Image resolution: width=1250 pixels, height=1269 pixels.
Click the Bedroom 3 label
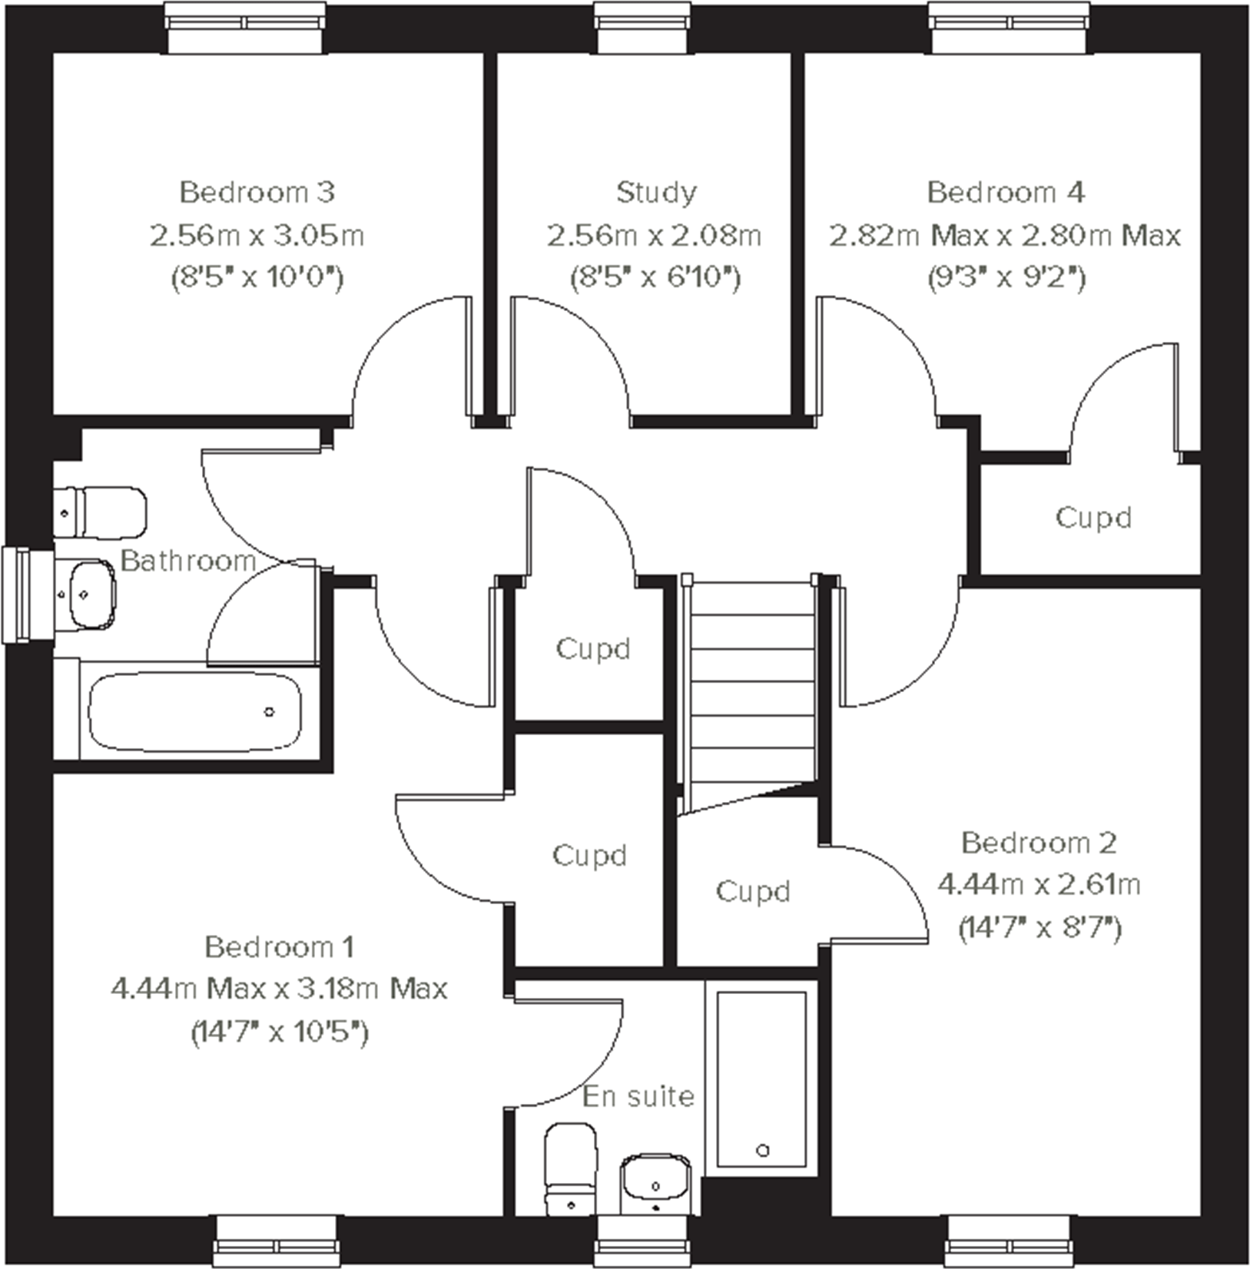257,192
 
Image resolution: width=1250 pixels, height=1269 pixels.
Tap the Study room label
655,192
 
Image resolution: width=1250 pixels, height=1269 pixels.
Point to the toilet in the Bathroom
101,512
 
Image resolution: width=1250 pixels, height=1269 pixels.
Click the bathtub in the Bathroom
194,712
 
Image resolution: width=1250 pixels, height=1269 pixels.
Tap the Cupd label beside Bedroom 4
1093,518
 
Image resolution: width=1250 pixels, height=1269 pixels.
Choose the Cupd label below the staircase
752,892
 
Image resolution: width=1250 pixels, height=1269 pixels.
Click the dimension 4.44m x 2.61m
1039,886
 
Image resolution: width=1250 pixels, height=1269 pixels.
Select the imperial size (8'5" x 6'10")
655,277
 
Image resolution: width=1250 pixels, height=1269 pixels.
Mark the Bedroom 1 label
279,947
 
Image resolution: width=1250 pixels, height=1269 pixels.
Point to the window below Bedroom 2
1007,1240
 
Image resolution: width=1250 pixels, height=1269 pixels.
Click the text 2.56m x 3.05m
257,235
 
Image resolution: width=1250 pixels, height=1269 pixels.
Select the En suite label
638,1096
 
